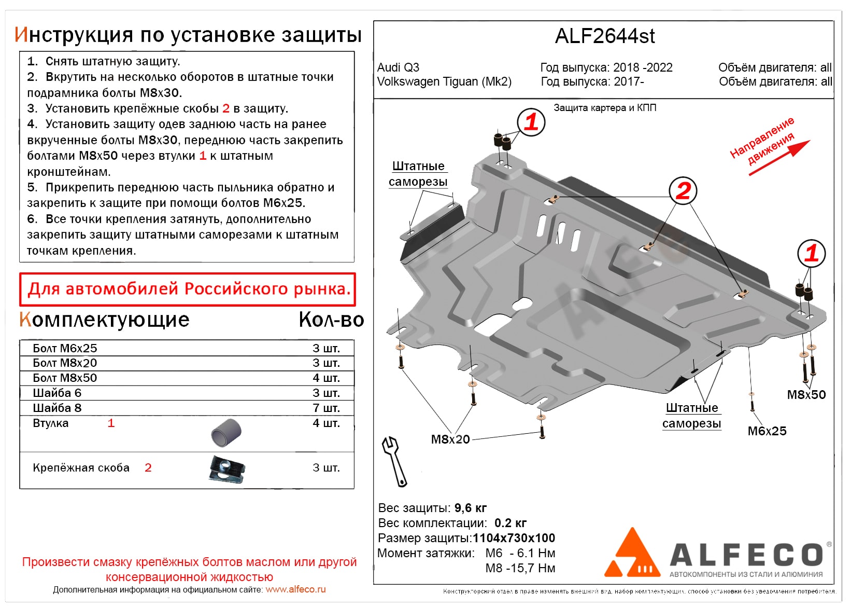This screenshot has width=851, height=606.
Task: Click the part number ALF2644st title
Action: pyautogui.click(x=604, y=36)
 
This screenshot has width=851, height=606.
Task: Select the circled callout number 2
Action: pyautogui.click(x=683, y=190)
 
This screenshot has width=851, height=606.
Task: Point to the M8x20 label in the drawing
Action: pyautogui.click(x=450, y=439)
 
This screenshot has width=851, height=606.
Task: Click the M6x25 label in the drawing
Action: pyautogui.click(x=767, y=431)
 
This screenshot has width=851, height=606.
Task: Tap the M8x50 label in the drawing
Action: pyautogui.click(x=806, y=395)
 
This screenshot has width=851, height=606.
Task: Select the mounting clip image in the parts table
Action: pyautogui.click(x=227, y=469)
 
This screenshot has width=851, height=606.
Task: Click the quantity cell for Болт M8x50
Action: pyautogui.click(x=326, y=378)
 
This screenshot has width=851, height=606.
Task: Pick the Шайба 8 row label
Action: pyautogui.click(x=57, y=408)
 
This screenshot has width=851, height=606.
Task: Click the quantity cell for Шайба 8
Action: pyautogui.click(x=326, y=408)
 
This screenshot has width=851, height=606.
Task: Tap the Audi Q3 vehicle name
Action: pyautogui.click(x=398, y=67)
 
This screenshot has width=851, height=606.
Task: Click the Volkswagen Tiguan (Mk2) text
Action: pyautogui.click(x=444, y=82)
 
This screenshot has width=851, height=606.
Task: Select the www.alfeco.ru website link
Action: pyautogui.click(x=295, y=589)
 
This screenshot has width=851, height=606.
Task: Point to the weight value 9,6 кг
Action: pyautogui.click(x=470, y=508)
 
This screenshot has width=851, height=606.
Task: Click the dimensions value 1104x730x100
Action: pyautogui.click(x=514, y=538)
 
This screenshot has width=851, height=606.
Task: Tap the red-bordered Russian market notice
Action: pyautogui.click(x=188, y=289)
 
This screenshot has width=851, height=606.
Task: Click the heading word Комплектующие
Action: pyautogui.click(x=104, y=320)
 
